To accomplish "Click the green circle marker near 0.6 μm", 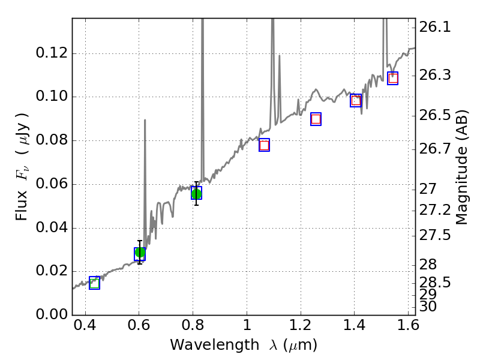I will coord(140,253).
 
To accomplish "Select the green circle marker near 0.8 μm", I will coord(196,193).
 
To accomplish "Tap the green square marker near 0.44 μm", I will coord(94,283).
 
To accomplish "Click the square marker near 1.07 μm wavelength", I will coord(264,145).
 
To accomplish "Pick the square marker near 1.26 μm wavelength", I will coord(316,119).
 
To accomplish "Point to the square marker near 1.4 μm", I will coord(356,100).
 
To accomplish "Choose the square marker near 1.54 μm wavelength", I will coord(392,78).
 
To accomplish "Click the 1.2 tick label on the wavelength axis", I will coord(300,328).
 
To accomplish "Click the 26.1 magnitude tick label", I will coord(436,27).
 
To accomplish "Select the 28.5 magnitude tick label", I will coord(436,282).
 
